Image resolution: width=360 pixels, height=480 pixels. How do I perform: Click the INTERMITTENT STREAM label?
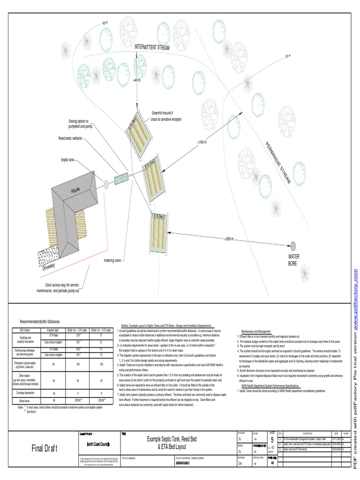pyautogui.click(x=152, y=47)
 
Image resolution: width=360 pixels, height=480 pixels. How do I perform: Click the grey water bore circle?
pyautogui.click(x=293, y=246)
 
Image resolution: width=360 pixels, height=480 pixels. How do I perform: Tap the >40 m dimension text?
pyautogui.click(x=137, y=81)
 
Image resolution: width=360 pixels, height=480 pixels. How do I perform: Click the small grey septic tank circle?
pyautogui.click(x=106, y=184)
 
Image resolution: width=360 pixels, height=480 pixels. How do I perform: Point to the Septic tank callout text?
pyautogui.click(x=67, y=160)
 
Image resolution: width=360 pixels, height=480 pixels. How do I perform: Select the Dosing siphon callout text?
pyautogui.click(x=82, y=124)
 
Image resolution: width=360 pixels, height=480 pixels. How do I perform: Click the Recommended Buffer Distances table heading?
pyautogui.click(x=39, y=322)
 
